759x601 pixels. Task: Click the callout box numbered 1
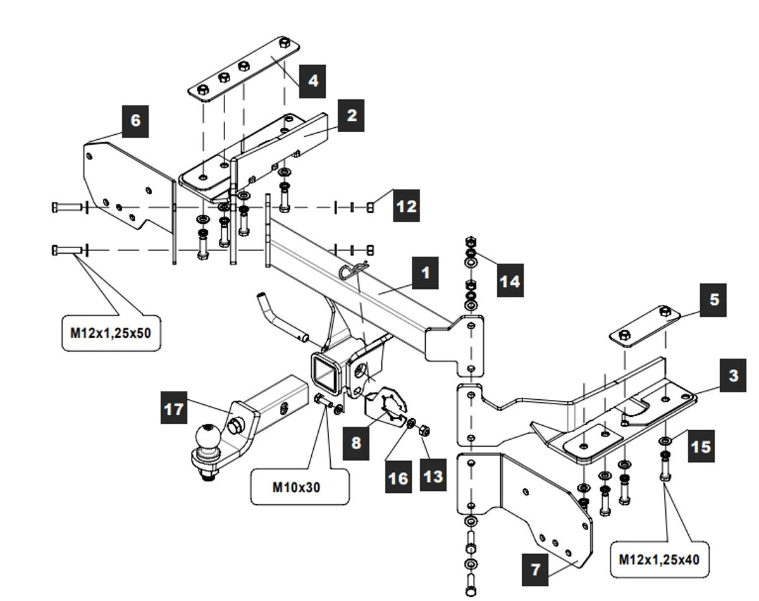click(x=425, y=273)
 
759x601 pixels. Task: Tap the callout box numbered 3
click(x=732, y=376)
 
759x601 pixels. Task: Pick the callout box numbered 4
click(x=312, y=81)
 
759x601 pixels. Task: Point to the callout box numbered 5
click(x=713, y=300)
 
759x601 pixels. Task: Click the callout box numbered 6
click(x=135, y=121)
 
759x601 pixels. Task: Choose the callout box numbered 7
click(x=535, y=569)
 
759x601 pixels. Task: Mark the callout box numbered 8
click(x=356, y=442)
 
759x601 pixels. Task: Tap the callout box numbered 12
click(x=406, y=206)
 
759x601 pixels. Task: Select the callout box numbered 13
click(x=433, y=476)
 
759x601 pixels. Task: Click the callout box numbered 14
click(x=509, y=281)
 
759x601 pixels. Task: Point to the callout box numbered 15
click(x=700, y=447)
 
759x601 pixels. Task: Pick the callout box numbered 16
click(x=398, y=478)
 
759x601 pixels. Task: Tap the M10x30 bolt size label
click(x=300, y=487)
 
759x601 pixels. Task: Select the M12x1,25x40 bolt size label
click(x=658, y=559)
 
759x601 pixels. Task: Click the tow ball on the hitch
click(x=207, y=437)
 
